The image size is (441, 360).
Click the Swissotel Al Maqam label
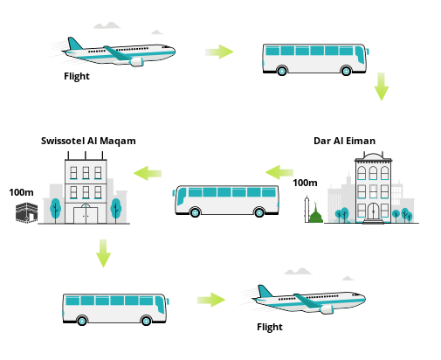[x=88, y=141]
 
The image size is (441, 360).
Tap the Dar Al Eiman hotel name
[x=344, y=141]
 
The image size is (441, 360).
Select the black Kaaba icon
[x=26, y=213]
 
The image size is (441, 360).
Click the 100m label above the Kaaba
[x=21, y=192]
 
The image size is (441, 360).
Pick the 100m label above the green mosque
[x=305, y=183]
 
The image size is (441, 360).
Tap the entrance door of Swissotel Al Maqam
[x=86, y=215]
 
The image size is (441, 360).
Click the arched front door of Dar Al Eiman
[x=373, y=211]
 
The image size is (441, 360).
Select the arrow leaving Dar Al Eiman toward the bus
[x=279, y=172]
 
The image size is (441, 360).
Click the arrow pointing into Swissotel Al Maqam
[x=148, y=173]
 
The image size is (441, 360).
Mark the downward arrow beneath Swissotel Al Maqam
[x=103, y=253]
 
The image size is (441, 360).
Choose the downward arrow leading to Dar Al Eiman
[x=382, y=87]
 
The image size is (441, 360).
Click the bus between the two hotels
[x=226, y=201]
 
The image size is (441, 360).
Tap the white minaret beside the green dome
[x=307, y=210]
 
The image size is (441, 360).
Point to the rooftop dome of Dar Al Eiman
[x=373, y=156]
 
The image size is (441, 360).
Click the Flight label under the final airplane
[x=270, y=327]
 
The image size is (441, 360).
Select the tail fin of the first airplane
[x=74, y=44]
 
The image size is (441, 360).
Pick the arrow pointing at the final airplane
[x=211, y=300]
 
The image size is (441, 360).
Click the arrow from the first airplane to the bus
[x=219, y=52]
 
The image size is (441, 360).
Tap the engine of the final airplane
[x=327, y=309]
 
